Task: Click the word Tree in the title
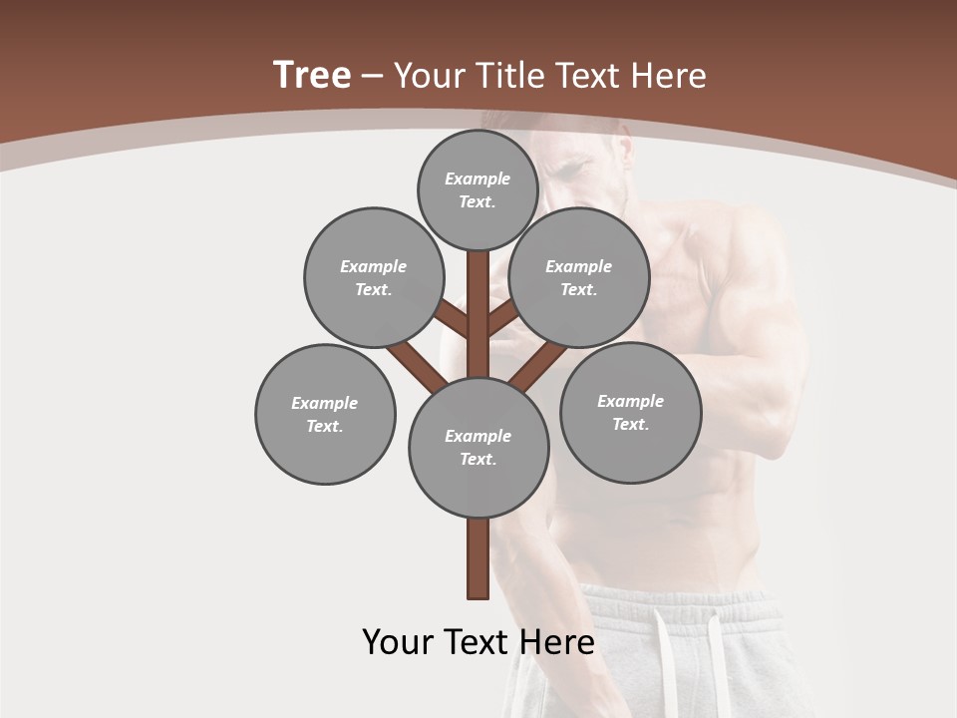click(x=312, y=75)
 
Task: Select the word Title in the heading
click(x=512, y=76)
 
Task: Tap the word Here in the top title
click(x=668, y=76)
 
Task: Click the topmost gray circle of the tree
click(x=478, y=189)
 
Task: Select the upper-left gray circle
click(x=373, y=277)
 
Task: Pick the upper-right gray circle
click(x=579, y=277)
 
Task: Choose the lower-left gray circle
click(x=325, y=414)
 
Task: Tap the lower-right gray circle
click(x=630, y=412)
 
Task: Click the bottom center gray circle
click(x=478, y=447)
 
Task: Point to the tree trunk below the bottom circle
click(x=478, y=558)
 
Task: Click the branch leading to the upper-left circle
click(x=455, y=320)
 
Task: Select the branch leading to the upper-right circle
click(x=501, y=319)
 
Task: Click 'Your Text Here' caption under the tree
click(x=478, y=641)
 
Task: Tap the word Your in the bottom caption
click(x=398, y=641)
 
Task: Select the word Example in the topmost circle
click(x=478, y=179)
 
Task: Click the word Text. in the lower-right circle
click(x=630, y=424)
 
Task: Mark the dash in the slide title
click(x=373, y=76)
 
